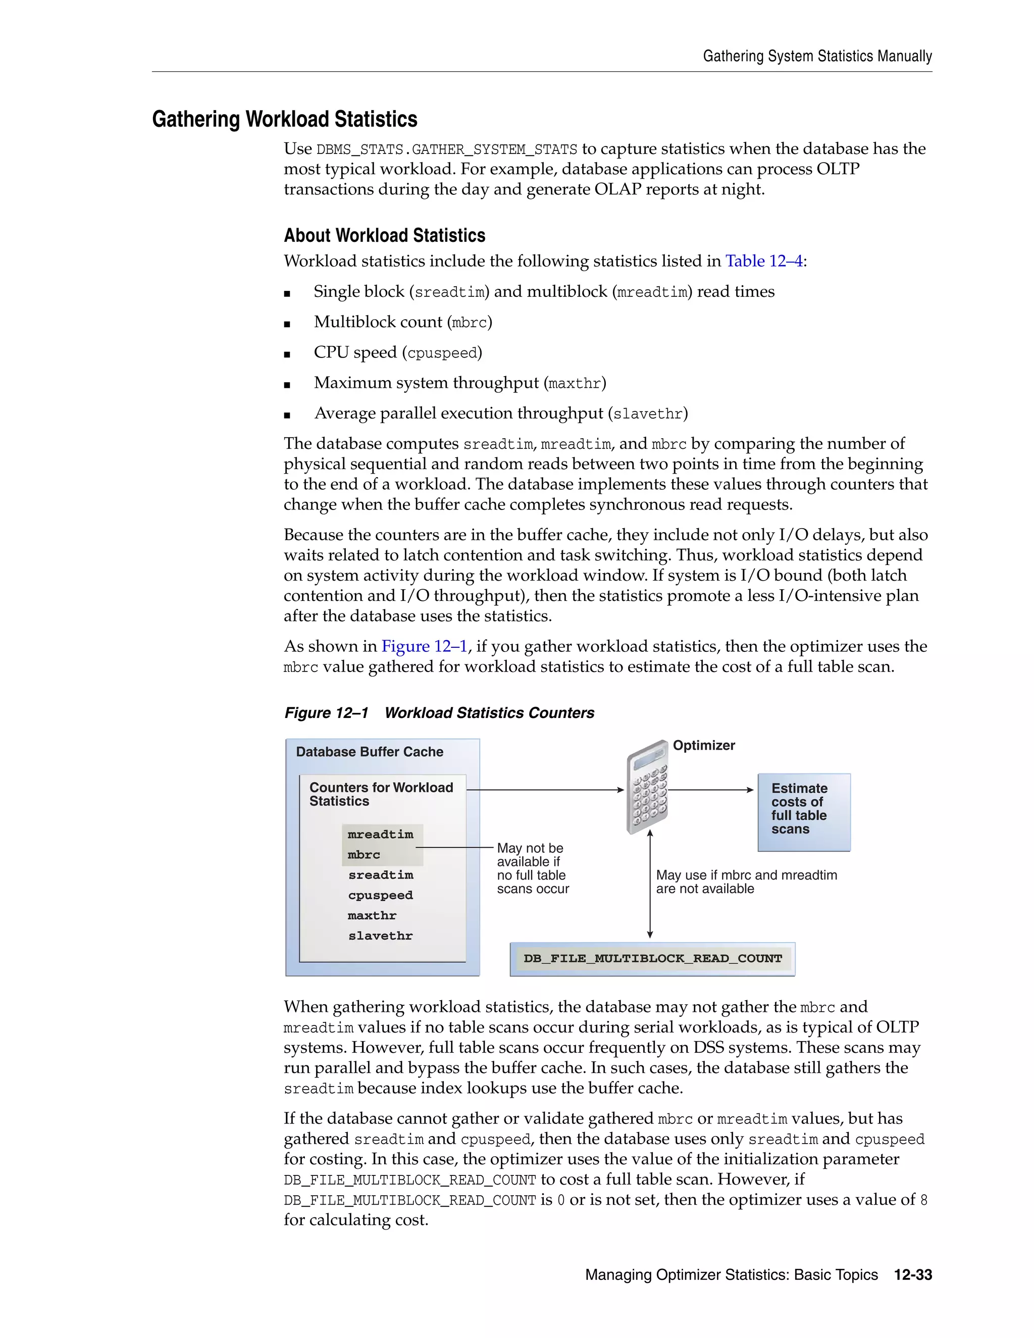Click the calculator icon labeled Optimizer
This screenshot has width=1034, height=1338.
647,788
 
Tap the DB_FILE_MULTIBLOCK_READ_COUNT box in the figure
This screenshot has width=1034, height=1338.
652,959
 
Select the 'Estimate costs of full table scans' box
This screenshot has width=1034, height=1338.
804,812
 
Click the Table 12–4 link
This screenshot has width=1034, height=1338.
764,261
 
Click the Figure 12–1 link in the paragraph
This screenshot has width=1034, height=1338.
424,646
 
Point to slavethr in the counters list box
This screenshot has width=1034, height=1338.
380,936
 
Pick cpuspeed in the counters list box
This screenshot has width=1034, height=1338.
380,895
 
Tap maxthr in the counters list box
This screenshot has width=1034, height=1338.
372,915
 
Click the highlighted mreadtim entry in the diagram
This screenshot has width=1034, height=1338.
380,835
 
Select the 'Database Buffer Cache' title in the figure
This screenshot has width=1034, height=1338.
370,752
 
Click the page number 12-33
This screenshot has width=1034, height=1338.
913,1275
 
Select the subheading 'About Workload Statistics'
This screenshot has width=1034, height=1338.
384,235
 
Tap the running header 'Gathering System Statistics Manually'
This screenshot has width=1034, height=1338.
817,57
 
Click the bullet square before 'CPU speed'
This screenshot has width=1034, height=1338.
287,354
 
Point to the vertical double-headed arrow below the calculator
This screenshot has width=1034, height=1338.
650,884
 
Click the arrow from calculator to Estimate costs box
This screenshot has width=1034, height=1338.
710,790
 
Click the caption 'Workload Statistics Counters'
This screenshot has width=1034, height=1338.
489,712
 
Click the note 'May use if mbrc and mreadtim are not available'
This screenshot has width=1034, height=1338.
746,882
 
